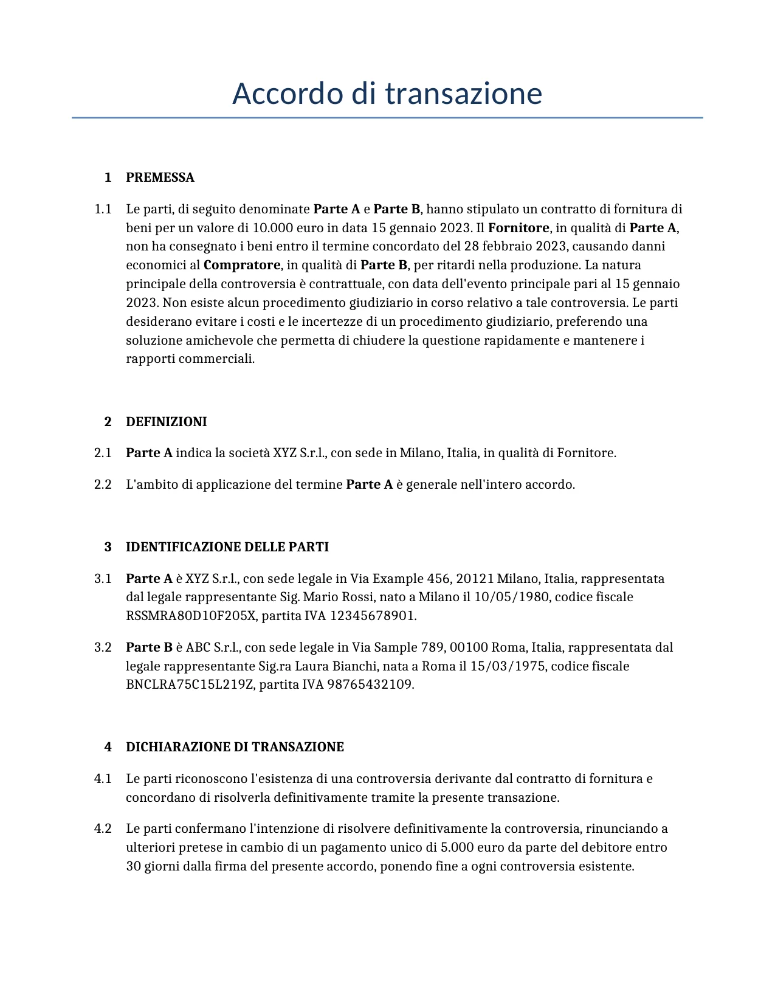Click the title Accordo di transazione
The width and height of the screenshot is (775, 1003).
[387, 94]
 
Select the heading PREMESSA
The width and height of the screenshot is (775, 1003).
[160, 178]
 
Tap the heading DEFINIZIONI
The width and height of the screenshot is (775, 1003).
[166, 422]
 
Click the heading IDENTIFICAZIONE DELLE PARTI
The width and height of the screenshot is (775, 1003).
[227, 547]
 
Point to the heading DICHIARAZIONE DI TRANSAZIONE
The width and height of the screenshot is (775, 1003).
[235, 747]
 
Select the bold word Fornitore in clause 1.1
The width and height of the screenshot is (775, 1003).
[518, 228]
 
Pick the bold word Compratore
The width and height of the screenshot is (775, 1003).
[241, 265]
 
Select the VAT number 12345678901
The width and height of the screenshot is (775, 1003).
[372, 616]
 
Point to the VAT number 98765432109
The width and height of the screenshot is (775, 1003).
[370, 684]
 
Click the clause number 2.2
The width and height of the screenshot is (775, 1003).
[103, 484]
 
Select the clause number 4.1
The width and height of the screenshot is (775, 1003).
[103, 779]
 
